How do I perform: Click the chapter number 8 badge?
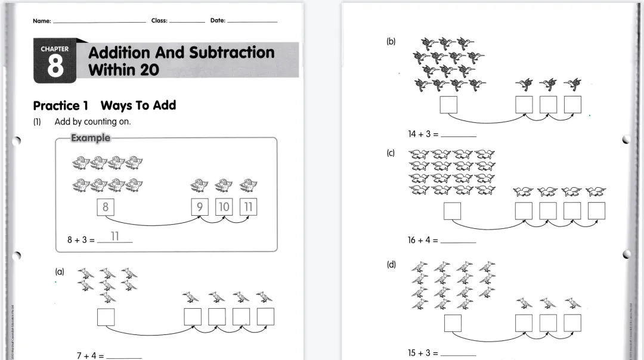click(x=55, y=62)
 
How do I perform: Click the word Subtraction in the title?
click(x=232, y=52)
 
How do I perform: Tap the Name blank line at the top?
click(x=99, y=21)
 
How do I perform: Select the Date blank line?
click(x=252, y=21)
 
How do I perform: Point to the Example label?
click(x=90, y=138)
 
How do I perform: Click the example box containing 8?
click(x=106, y=207)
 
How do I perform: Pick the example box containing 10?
click(x=224, y=207)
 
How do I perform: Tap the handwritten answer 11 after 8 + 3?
click(x=114, y=237)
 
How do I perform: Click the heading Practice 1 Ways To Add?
click(x=104, y=105)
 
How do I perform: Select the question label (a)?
click(x=60, y=271)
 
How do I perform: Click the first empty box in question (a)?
click(x=106, y=316)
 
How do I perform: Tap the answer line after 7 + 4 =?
click(x=123, y=356)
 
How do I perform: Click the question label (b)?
click(x=391, y=42)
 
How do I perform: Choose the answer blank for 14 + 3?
click(x=458, y=135)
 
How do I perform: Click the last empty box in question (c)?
click(x=596, y=211)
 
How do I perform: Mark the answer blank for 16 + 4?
click(x=458, y=241)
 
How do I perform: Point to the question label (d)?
click(x=391, y=265)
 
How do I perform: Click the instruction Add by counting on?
click(x=92, y=122)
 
